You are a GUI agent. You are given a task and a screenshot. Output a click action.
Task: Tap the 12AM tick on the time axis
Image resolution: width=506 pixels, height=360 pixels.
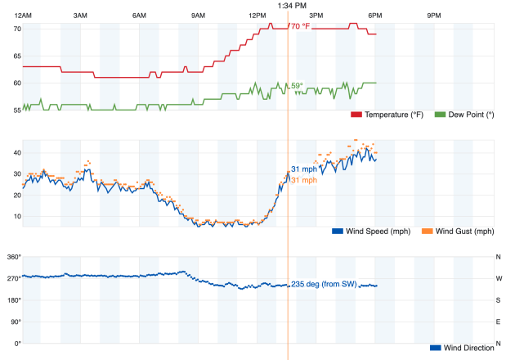pos(23,16)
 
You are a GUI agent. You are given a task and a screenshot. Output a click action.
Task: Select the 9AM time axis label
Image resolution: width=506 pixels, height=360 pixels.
pos(198,16)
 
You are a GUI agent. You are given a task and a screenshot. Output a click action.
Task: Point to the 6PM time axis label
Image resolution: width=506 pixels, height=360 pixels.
pos(375,16)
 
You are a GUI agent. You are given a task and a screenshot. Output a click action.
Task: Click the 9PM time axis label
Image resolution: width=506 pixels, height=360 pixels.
pos(434,16)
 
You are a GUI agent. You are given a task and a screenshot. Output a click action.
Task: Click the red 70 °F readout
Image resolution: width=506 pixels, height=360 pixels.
pos(300,26)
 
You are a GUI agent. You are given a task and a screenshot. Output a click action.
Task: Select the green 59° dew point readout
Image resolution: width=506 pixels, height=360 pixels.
pos(297,85)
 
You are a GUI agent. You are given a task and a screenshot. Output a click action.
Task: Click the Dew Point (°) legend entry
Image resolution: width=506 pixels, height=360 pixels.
pos(464,115)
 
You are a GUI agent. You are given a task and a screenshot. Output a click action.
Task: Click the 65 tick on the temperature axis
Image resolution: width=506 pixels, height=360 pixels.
pos(16,56)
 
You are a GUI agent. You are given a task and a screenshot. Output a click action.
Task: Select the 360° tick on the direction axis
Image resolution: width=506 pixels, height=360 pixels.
pos(12,257)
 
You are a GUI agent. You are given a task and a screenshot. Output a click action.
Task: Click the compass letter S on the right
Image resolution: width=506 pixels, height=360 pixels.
pos(499,300)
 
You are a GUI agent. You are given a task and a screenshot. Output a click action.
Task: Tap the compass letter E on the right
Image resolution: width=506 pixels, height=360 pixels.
pos(499,322)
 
